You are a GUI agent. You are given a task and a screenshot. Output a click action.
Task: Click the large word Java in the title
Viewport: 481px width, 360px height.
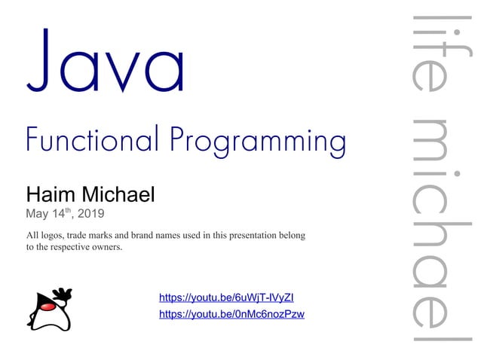[x=105, y=62]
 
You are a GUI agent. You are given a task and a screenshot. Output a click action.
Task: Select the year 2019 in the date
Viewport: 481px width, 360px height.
[x=91, y=214]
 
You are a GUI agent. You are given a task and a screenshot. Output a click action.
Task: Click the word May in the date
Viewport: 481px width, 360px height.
[x=38, y=214]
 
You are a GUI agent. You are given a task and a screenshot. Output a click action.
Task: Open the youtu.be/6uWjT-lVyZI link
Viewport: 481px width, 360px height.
[x=231, y=298]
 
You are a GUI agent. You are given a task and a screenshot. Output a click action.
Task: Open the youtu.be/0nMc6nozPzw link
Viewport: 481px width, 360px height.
[x=231, y=314]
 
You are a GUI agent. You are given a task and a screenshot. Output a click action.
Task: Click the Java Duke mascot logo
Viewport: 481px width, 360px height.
[x=50, y=310]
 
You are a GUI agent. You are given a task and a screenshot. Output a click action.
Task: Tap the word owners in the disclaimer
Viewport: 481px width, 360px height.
[x=105, y=247]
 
